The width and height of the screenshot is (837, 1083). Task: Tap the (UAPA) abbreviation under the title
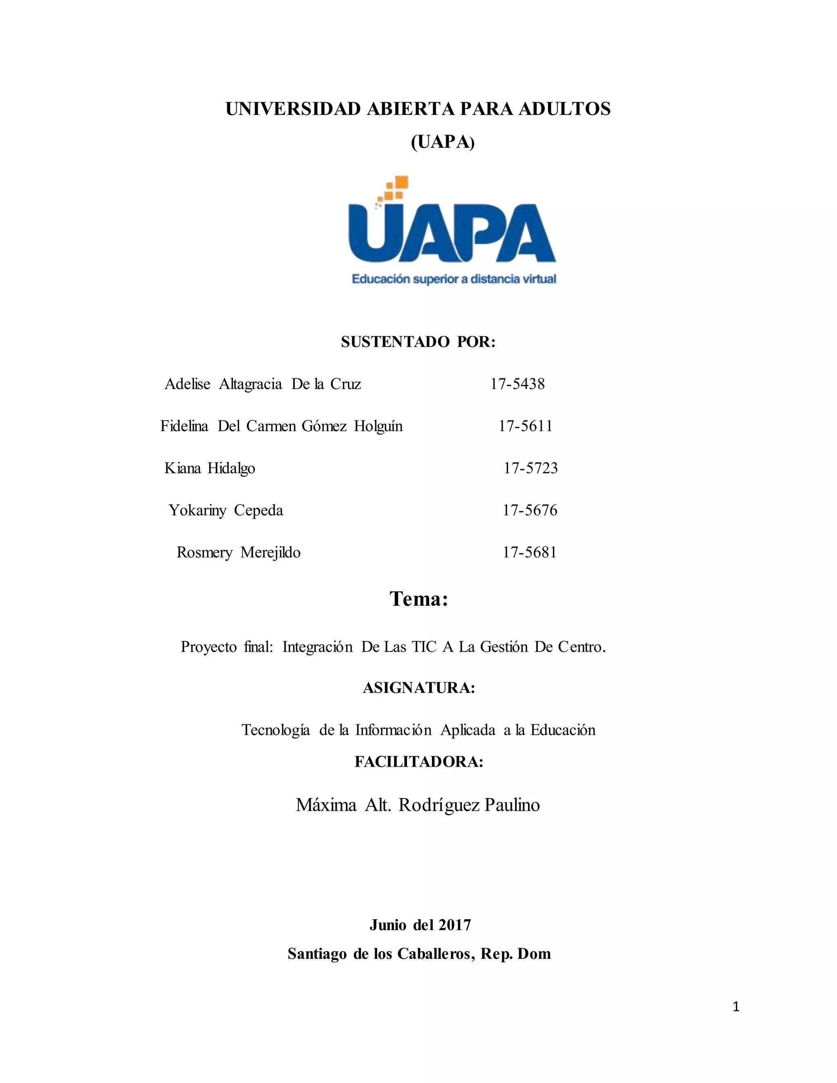click(443, 142)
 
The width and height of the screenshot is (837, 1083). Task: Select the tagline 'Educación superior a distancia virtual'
click(454, 279)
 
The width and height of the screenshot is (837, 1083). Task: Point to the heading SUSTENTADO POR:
click(418, 342)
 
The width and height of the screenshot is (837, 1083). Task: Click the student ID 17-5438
click(517, 384)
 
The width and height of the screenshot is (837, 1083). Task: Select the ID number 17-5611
click(525, 426)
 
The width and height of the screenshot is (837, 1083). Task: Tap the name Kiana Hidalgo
click(210, 468)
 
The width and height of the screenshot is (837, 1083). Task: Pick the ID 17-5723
click(530, 468)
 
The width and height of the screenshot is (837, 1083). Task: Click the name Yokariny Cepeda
click(226, 510)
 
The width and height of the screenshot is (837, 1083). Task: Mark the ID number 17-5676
click(530, 510)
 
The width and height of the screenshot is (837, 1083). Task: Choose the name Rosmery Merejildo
click(239, 553)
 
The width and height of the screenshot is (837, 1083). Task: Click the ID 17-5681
click(530, 553)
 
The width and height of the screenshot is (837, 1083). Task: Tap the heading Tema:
click(418, 599)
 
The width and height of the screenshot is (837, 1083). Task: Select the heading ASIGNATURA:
click(418, 688)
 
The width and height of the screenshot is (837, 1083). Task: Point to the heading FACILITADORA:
click(418, 762)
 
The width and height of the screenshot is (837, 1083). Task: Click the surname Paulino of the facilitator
click(512, 804)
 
